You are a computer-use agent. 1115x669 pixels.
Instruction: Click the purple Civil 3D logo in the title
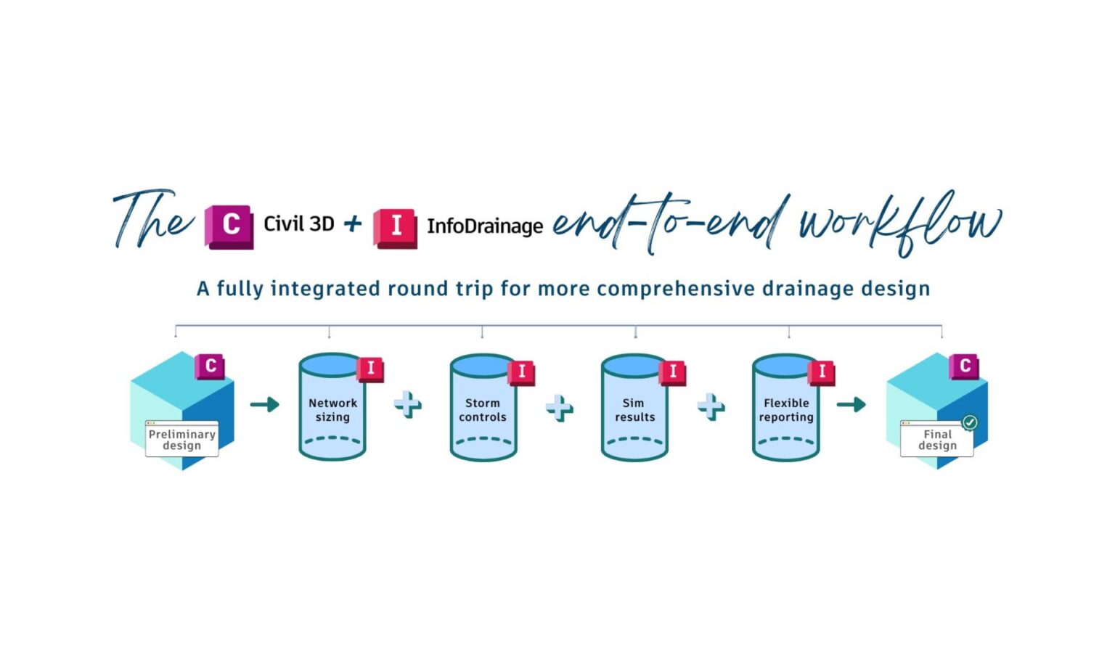(229, 226)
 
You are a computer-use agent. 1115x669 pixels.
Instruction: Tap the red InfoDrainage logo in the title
(395, 228)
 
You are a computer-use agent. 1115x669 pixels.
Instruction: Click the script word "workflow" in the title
(900, 222)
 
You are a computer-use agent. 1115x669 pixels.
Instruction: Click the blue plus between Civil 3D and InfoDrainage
(353, 223)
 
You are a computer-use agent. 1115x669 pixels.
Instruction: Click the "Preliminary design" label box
(181, 440)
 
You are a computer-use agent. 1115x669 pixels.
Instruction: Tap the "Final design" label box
(937, 440)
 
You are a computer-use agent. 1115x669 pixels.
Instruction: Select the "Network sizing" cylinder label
(332, 410)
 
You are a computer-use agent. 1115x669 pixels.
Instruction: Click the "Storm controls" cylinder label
(483, 410)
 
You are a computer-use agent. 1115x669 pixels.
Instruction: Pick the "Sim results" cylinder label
(634, 410)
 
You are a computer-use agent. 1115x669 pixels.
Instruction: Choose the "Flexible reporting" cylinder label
(786, 410)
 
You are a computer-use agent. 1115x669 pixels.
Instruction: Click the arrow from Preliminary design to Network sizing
(265, 404)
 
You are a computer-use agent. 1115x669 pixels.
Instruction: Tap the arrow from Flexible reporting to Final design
(851, 404)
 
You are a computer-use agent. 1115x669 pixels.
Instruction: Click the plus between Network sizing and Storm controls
(408, 405)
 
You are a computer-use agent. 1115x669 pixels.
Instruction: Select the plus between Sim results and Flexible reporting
(711, 406)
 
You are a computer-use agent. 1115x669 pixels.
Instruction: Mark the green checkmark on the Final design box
(969, 422)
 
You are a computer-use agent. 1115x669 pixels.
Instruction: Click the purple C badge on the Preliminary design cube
(210, 366)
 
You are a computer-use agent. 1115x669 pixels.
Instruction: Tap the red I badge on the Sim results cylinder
(673, 372)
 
